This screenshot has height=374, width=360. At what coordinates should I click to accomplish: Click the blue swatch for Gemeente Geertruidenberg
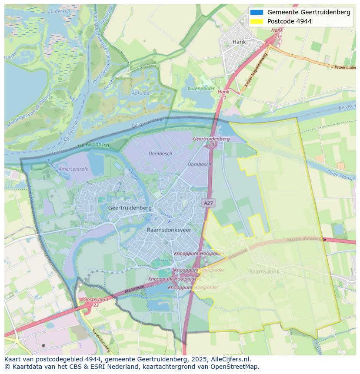point(257,12)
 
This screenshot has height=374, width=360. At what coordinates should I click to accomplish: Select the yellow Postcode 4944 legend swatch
point(257,21)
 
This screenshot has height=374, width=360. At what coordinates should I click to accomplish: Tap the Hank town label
point(239,42)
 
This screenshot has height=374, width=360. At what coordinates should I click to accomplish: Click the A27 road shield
point(209,202)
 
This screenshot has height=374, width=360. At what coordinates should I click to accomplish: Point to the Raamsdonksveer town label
point(169,230)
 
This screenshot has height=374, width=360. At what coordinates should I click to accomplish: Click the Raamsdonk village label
point(264,271)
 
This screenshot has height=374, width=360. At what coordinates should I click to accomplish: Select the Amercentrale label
point(73,169)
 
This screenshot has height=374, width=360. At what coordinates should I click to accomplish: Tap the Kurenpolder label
point(201,89)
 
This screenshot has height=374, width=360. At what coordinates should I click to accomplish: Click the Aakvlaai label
point(141,93)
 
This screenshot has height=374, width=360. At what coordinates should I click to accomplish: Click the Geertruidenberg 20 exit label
point(211,141)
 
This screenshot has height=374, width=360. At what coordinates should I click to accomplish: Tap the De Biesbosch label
point(93,146)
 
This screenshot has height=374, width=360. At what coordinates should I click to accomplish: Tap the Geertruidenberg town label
point(130,208)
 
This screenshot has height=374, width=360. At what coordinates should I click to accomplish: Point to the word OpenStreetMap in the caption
point(234,367)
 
